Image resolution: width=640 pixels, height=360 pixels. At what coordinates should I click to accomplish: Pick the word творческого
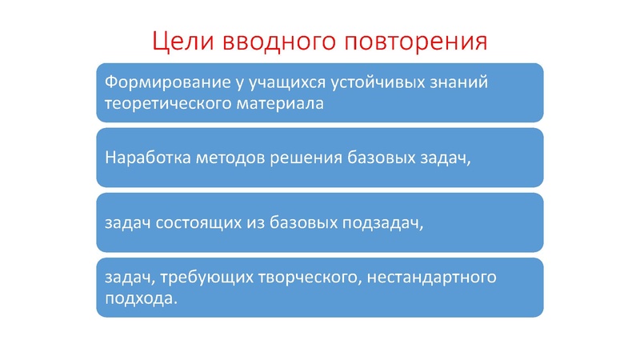pos(293,278)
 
